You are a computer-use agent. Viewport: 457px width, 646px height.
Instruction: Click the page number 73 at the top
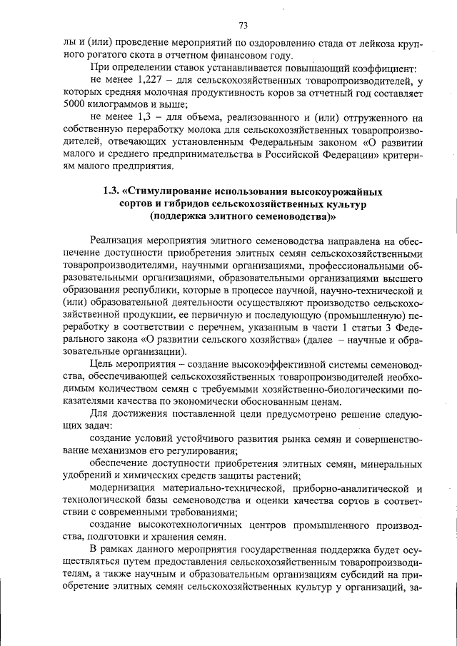(243, 26)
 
